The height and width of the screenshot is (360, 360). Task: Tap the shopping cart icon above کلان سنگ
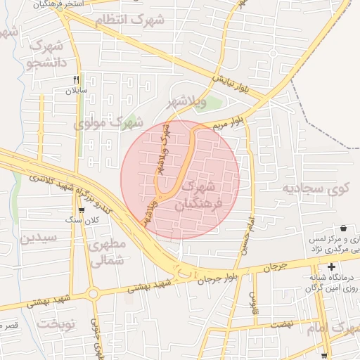click(x=82, y=210)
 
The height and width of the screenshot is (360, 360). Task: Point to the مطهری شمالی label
click(x=107, y=252)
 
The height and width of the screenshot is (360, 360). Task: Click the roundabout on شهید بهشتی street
click(x=92, y=293)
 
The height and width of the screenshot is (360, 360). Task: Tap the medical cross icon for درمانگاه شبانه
click(x=331, y=266)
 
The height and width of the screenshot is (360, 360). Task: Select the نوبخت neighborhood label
click(x=56, y=324)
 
